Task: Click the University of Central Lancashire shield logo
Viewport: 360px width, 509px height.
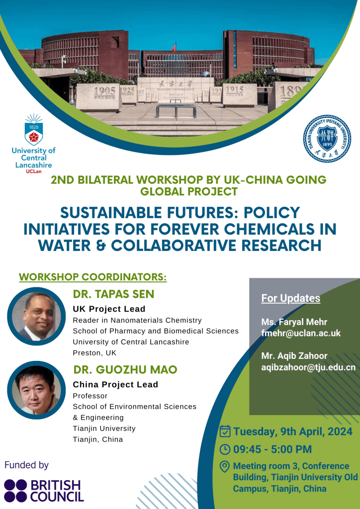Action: pos(33,130)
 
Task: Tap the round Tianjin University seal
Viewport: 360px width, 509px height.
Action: pos(327,139)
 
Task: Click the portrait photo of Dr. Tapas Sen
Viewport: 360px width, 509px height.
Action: pos(36,316)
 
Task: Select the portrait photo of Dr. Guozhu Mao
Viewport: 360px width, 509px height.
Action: pos(36,390)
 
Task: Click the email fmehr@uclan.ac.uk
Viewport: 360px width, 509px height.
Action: pos(301,333)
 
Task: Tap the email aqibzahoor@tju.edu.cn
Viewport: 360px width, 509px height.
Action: pos(308,367)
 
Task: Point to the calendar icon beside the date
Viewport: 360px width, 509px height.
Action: pos(225,431)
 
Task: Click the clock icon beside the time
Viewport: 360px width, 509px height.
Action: pos(225,449)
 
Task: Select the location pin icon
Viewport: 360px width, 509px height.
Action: pos(225,467)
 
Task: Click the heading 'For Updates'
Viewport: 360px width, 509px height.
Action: pos(291,298)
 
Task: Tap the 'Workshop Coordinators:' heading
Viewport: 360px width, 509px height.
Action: pos(93,277)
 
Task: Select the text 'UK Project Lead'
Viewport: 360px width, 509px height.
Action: pos(109,309)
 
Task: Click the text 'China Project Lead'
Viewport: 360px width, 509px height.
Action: pos(115,384)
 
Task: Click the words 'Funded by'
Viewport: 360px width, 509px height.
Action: pos(27,465)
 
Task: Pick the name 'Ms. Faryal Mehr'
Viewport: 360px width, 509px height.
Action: pos(294,322)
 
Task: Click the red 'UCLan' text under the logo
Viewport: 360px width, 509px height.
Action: pos(33,171)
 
